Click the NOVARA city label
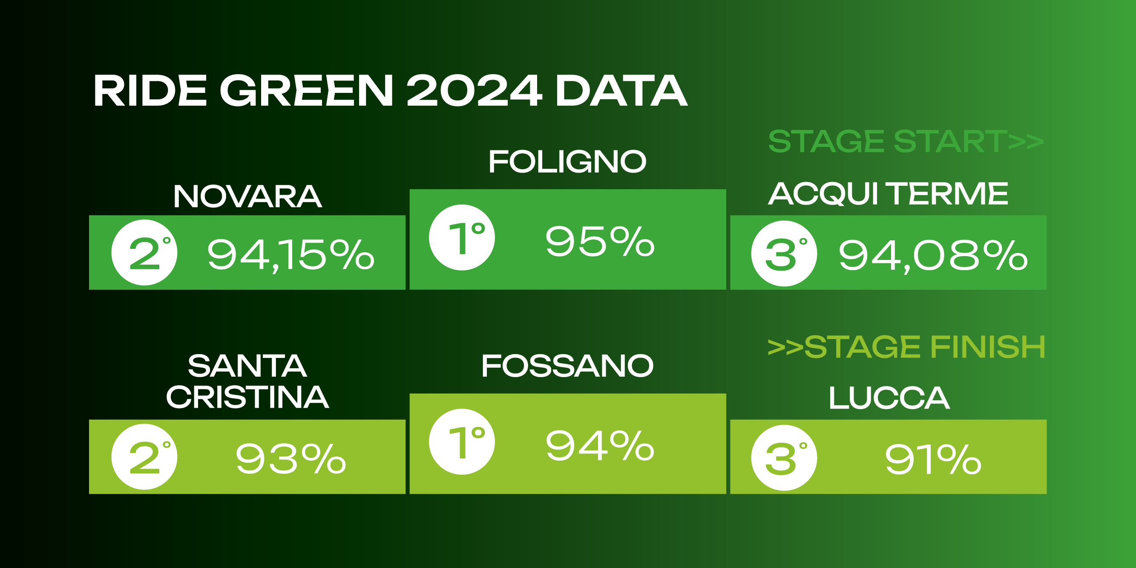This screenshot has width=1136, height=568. pyautogui.click(x=247, y=196)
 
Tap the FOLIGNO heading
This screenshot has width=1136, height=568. pyautogui.click(x=567, y=161)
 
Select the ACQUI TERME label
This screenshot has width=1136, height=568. pyautogui.click(x=888, y=193)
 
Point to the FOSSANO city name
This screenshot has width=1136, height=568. pyautogui.click(x=567, y=366)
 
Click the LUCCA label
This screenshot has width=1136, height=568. pyautogui.click(x=889, y=398)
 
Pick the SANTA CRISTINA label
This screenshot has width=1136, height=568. pyautogui.click(x=247, y=381)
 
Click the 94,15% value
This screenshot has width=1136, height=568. pyautogui.click(x=291, y=255)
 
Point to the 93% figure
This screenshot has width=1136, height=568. pyautogui.click(x=291, y=459)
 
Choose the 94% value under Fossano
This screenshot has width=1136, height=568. pyautogui.click(x=600, y=445)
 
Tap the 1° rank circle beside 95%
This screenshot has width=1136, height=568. pyautogui.click(x=462, y=237)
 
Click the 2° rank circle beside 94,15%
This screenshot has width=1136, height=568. pyautogui.click(x=144, y=252)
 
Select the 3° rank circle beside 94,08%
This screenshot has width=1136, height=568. pyautogui.click(x=784, y=253)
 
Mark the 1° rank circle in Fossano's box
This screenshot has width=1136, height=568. pyautogui.click(x=462, y=441)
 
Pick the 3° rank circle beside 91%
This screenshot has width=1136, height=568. pyautogui.click(x=784, y=458)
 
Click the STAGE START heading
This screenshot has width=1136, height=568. pyautogui.click(x=906, y=141)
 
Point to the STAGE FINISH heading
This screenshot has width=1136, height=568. pyautogui.click(x=906, y=346)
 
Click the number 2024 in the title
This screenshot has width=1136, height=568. pyautogui.click(x=474, y=90)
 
